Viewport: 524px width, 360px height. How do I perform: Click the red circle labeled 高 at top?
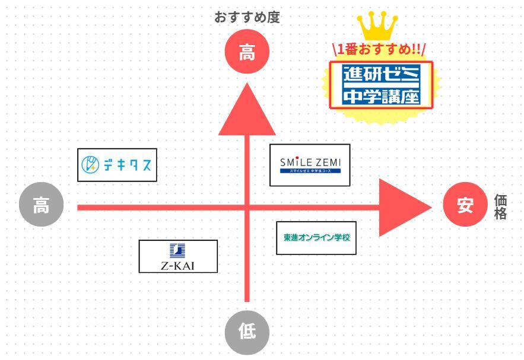(247, 53)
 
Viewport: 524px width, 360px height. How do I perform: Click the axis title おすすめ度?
(247, 17)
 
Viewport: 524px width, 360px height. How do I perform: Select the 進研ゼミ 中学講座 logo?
(382, 85)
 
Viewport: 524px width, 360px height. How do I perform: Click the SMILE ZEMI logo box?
(310, 165)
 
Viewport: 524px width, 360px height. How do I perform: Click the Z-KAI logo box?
(178, 256)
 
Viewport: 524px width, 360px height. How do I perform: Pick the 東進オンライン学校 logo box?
(316, 237)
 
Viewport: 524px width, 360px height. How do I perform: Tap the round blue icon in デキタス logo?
(90, 165)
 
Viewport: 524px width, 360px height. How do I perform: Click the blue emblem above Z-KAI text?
(177, 250)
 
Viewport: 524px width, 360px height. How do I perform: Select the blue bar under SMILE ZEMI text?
(311, 171)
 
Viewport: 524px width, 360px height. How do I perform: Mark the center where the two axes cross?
(247, 207)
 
